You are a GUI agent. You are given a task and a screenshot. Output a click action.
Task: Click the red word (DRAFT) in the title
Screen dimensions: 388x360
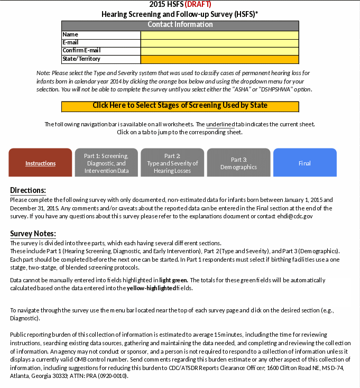198,5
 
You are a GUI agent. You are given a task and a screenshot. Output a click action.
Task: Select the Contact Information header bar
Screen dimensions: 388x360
180,25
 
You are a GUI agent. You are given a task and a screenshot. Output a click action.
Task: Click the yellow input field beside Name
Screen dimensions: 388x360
219,35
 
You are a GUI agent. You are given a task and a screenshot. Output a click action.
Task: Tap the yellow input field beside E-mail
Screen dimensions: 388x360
219,43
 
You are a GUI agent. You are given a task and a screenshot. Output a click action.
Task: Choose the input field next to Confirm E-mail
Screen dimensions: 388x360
219,51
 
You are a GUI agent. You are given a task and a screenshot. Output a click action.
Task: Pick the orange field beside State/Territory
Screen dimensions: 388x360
219,59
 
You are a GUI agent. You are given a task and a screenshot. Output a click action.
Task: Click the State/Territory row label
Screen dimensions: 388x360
81,59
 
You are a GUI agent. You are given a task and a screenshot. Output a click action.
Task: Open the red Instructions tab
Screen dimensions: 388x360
40,163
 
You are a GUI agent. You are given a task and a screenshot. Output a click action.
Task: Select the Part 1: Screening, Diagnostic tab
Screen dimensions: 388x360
106,163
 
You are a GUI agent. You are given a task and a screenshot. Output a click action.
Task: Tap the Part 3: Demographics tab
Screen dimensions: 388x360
238,163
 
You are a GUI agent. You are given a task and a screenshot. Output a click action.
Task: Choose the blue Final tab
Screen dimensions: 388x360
304,163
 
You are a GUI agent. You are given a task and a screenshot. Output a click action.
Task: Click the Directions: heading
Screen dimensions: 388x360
28,190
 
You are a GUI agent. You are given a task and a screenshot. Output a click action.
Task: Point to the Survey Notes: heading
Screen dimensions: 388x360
33,234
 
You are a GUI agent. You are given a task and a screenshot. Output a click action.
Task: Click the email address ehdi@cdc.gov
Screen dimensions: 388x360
293,216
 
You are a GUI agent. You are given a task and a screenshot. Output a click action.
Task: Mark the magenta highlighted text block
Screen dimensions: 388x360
180,292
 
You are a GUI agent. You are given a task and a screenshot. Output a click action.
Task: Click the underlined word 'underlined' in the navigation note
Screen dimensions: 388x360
220,124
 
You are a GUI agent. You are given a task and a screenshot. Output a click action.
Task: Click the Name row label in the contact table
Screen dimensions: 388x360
70,35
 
